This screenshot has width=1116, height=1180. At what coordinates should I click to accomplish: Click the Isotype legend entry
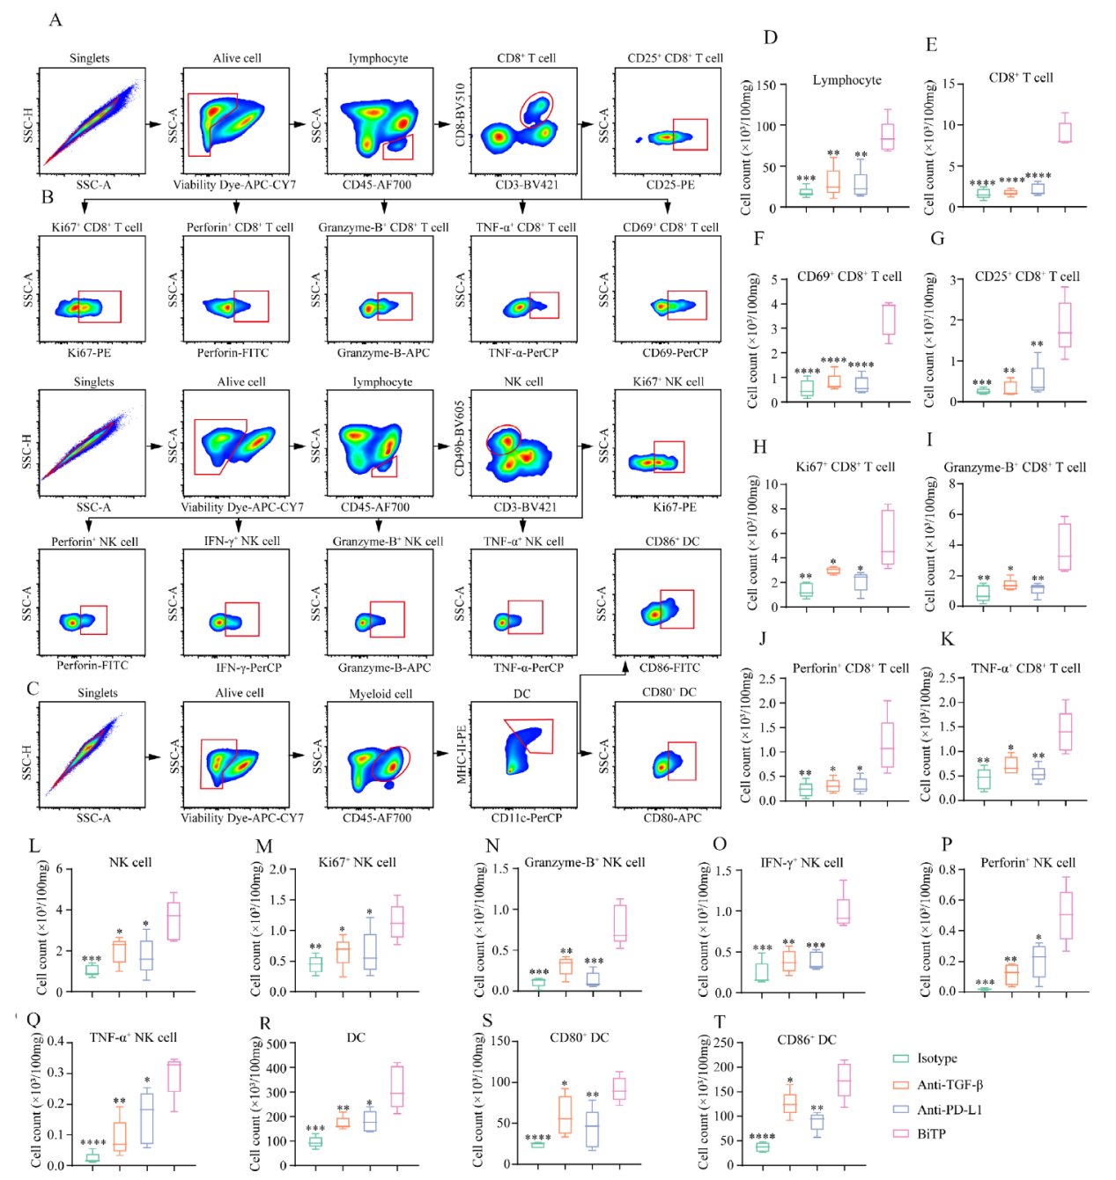[x=935, y=1058]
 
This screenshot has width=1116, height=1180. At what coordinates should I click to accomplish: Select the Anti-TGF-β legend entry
[x=949, y=1085]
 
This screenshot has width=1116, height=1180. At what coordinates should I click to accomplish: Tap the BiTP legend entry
[x=930, y=1134]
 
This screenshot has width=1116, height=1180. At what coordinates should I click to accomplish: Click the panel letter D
[x=771, y=37]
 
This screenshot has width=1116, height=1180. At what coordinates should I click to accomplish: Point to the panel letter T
[x=720, y=1021]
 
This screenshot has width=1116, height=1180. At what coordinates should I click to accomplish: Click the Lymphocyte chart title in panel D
[x=846, y=80]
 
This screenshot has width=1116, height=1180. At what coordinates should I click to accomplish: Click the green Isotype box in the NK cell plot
[x=92, y=970]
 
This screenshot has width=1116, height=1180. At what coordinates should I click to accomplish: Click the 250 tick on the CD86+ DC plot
[x=723, y=1044]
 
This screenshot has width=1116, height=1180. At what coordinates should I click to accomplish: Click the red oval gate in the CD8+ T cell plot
[x=536, y=108]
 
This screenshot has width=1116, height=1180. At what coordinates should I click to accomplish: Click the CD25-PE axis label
[x=669, y=185]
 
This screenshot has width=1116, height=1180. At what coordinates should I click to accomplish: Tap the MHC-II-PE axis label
[x=461, y=755]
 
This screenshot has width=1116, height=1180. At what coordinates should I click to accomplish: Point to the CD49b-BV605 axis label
[x=460, y=439]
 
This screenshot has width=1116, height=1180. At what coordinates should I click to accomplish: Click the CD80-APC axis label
[x=672, y=818]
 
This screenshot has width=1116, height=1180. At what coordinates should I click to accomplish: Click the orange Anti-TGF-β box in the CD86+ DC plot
[x=790, y=1103]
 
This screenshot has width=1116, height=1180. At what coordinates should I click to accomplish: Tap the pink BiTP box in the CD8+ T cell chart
[x=1065, y=132]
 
